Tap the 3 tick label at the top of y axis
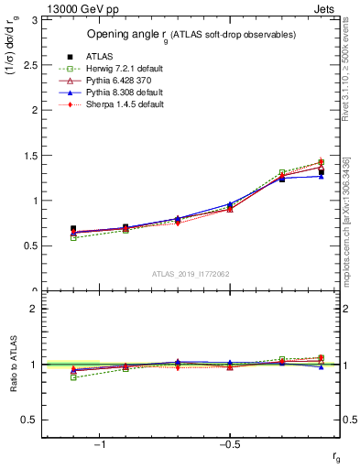click(34, 19)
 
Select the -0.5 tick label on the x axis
click(229, 445)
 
